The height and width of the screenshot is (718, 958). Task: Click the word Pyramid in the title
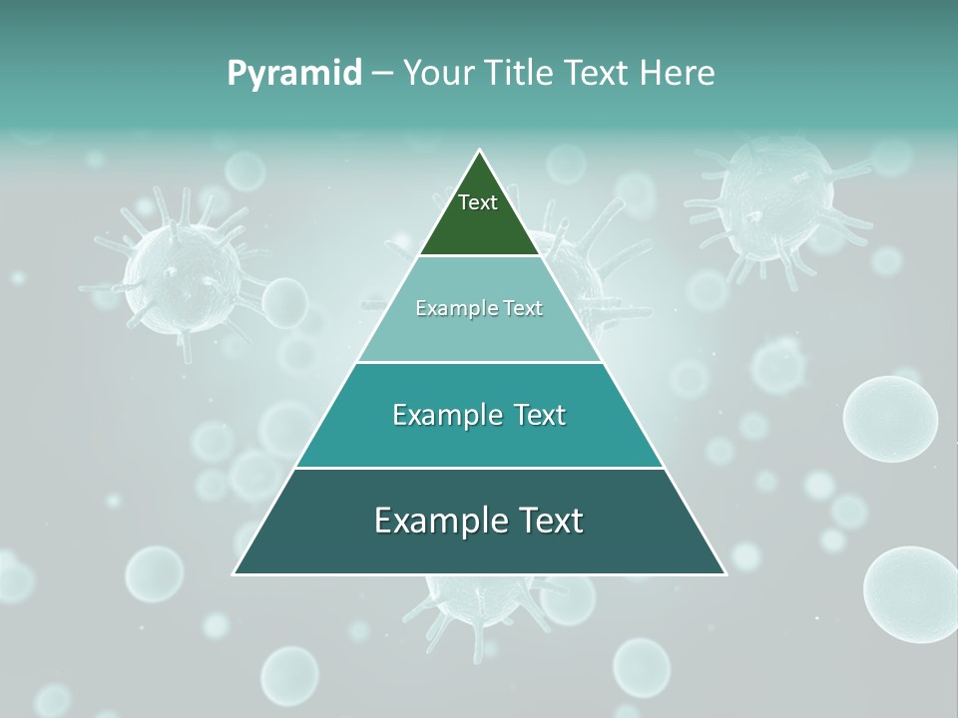[294, 74]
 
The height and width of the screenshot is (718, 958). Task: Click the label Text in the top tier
[478, 202]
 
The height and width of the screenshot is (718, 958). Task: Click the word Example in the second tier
[448, 309]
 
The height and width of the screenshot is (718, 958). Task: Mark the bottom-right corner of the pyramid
[725, 573]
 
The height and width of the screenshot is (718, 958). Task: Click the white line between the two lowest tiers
[479, 468]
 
